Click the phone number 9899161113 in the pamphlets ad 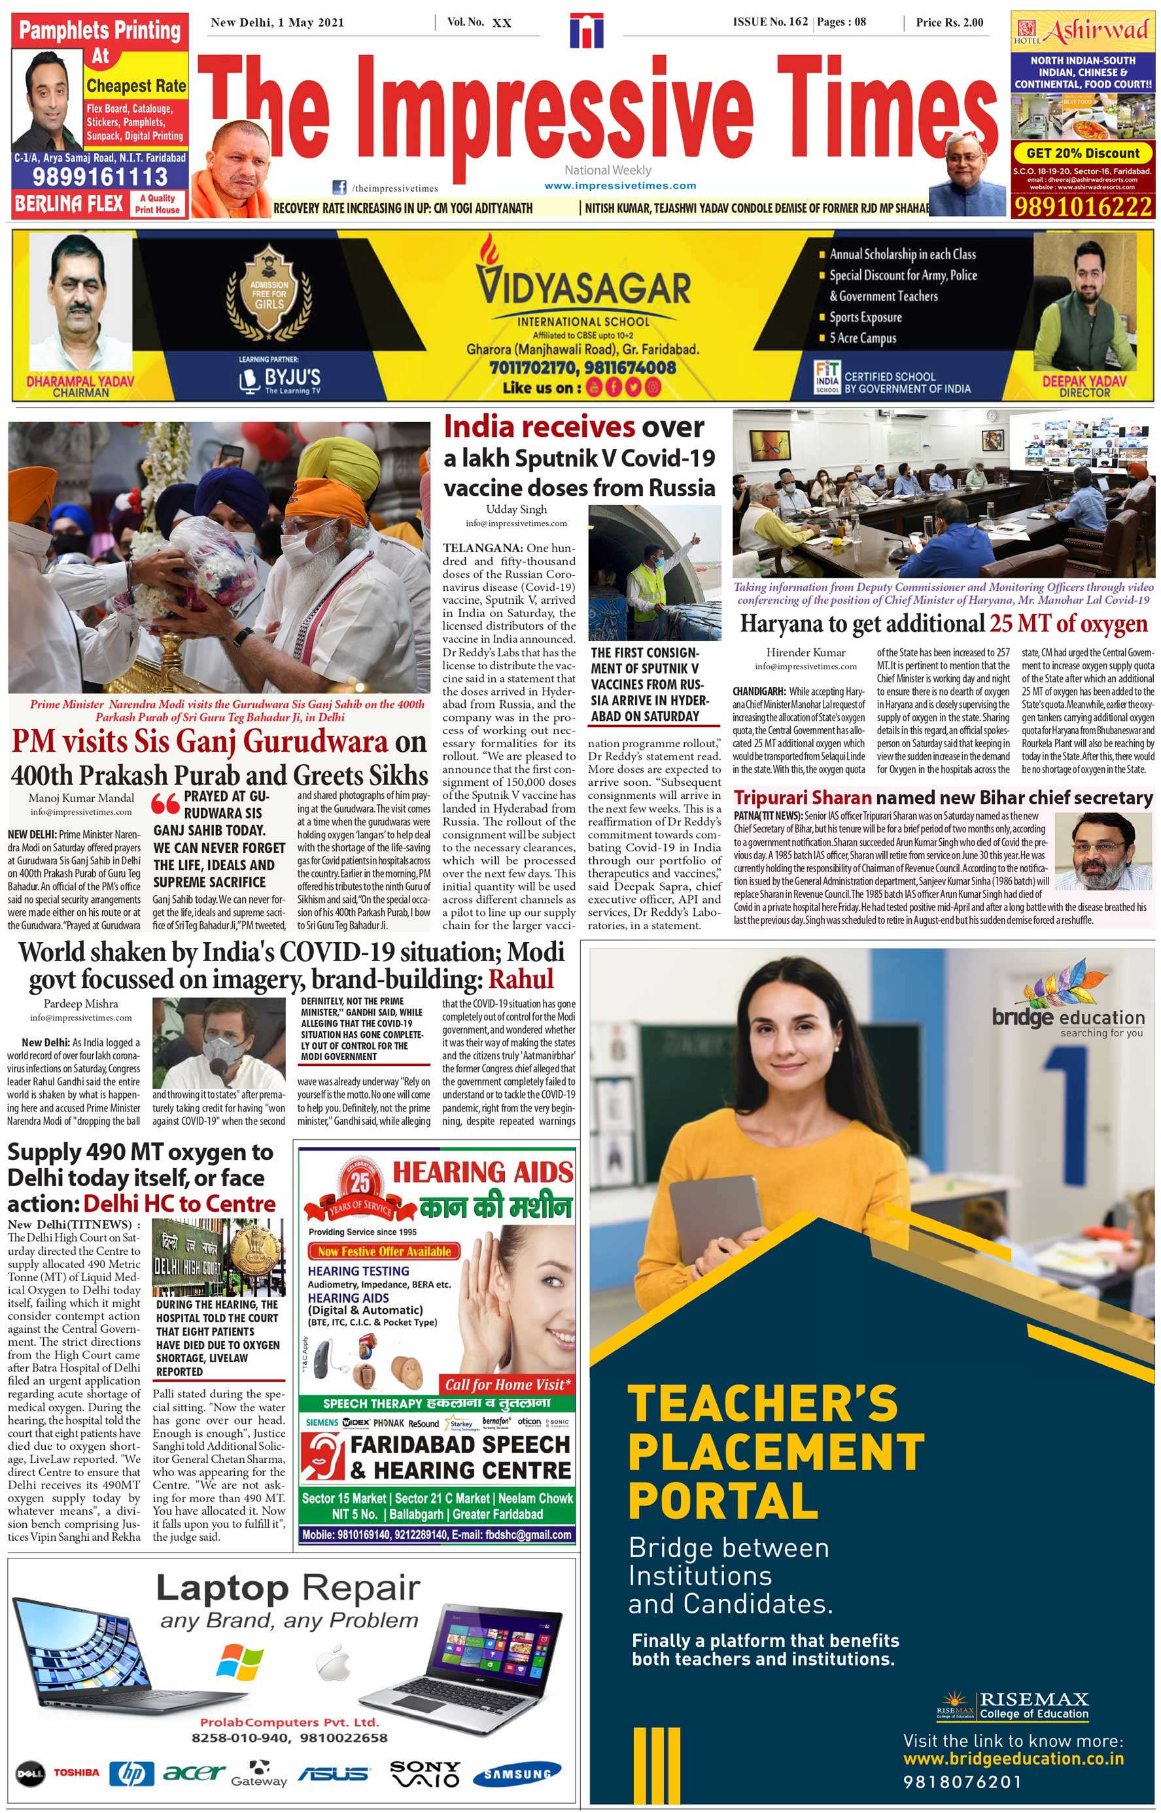[x=99, y=177]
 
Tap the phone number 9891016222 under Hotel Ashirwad [x=1083, y=207]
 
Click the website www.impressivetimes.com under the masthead [x=619, y=186]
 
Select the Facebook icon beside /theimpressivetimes [x=339, y=188]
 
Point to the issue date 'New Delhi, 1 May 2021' [x=277, y=23]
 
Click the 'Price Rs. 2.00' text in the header [x=949, y=23]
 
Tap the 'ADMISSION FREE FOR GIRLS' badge [x=269, y=294]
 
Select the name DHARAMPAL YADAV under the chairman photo [x=80, y=381]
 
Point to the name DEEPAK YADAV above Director [x=1083, y=381]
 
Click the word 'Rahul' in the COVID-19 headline [x=521, y=979]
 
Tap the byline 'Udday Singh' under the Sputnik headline [x=517, y=509]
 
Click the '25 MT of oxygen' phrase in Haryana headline [x=1068, y=624]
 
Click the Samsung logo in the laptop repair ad [x=517, y=1774]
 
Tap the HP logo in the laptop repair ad [x=131, y=1772]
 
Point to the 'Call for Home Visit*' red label [x=508, y=1384]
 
